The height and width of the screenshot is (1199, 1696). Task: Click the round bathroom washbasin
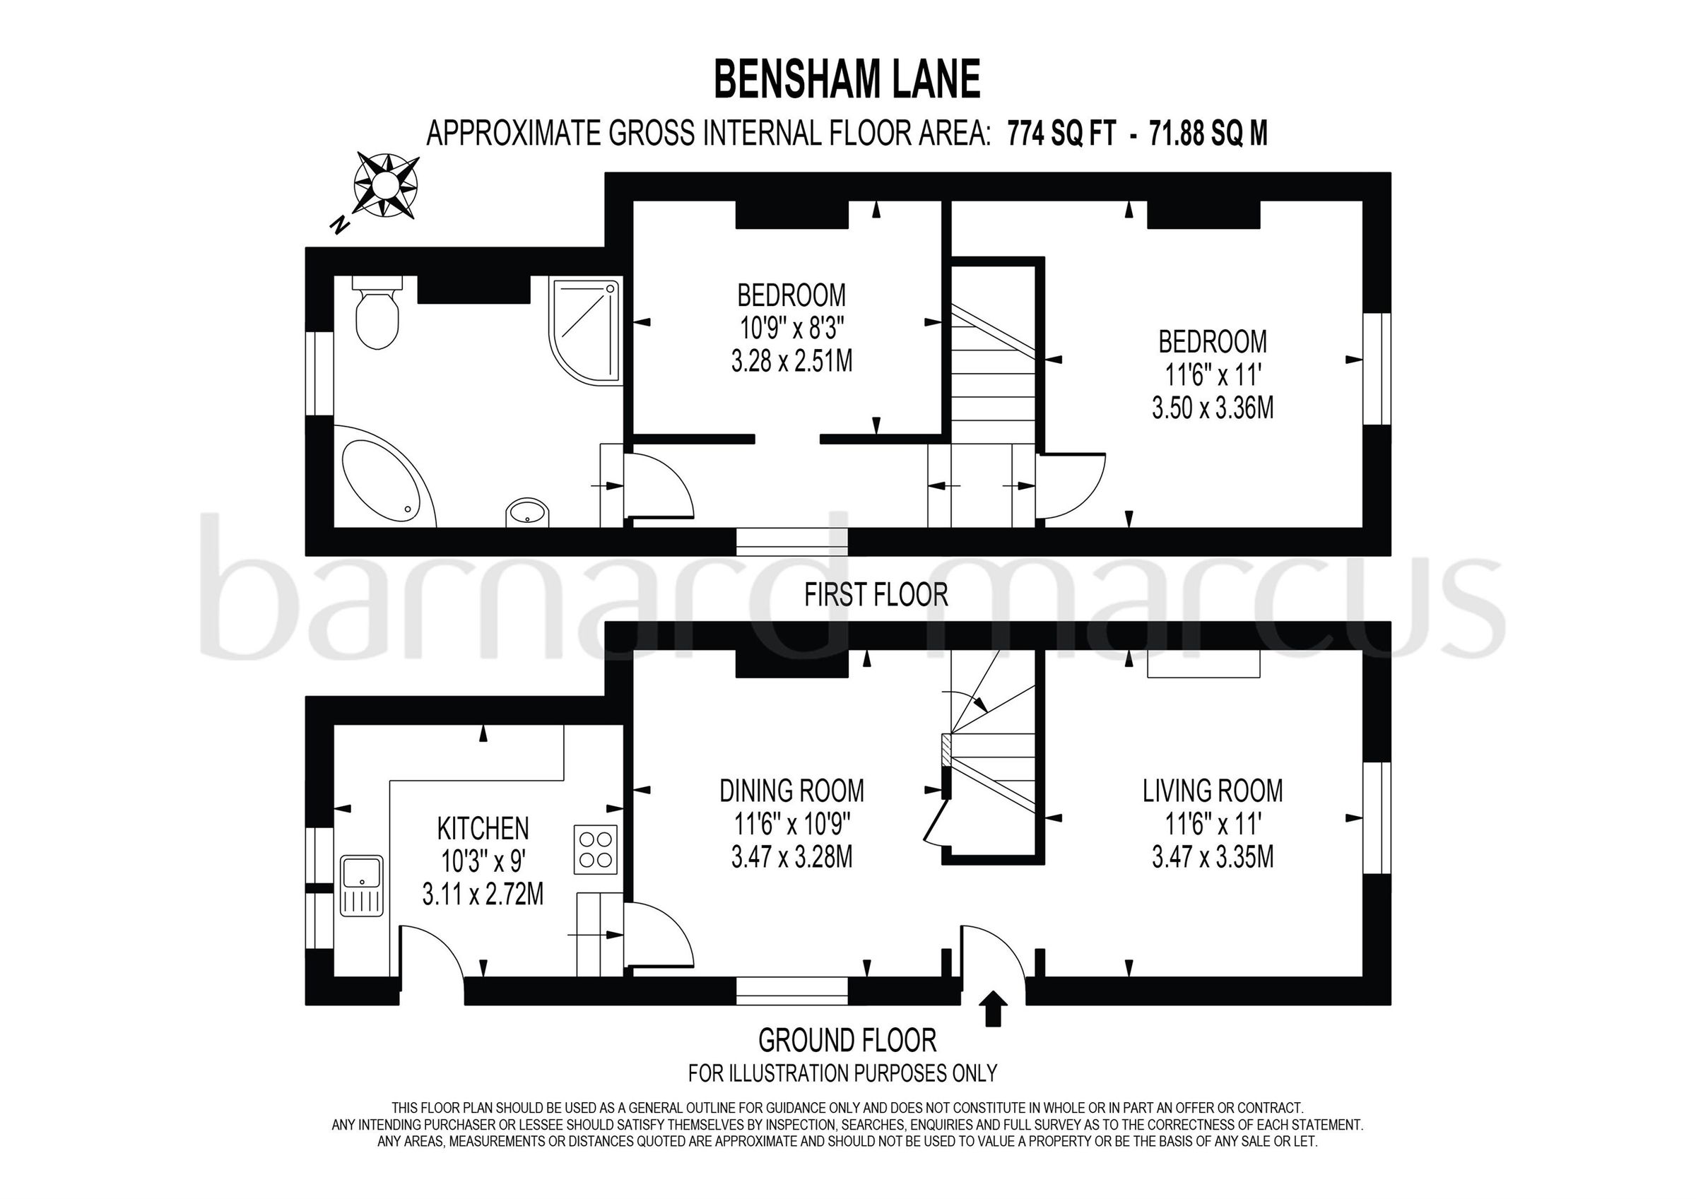point(528,512)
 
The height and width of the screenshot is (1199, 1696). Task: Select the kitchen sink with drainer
point(361,886)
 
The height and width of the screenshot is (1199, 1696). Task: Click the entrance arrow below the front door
point(993,1009)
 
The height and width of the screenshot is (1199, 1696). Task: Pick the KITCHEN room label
point(483,829)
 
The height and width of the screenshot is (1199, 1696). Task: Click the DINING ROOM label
point(792,791)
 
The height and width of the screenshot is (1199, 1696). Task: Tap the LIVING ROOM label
point(1213,791)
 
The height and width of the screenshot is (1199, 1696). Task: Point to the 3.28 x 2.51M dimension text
point(792,362)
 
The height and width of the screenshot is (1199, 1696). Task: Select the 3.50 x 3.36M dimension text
point(1213,408)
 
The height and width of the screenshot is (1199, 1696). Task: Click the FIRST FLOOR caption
point(876,595)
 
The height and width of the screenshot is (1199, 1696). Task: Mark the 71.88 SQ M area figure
point(1208,134)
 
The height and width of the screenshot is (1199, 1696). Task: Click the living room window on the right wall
point(1377,817)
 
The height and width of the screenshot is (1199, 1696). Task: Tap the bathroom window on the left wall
point(320,373)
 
